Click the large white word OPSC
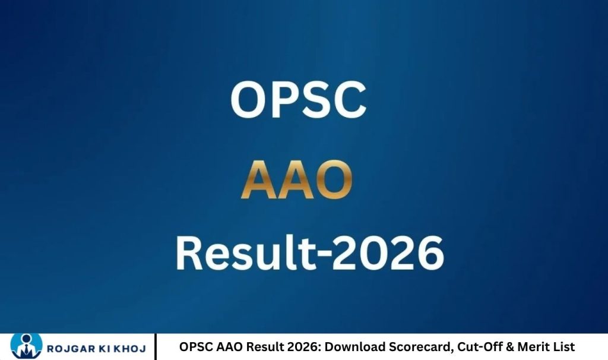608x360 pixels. [297, 100]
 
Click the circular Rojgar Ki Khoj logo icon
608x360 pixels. [26, 346]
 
